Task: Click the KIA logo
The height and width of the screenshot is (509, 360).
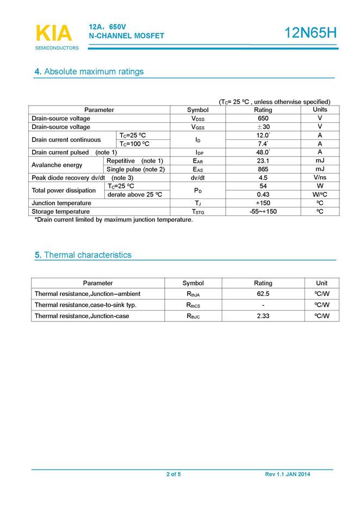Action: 53,33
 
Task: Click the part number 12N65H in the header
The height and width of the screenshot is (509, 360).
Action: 311,33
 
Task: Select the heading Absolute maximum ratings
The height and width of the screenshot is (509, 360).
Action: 89,72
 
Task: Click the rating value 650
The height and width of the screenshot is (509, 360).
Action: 263,119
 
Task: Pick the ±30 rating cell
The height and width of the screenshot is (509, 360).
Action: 263,127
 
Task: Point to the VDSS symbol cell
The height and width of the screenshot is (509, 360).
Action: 198,119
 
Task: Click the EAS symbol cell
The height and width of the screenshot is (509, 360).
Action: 198,169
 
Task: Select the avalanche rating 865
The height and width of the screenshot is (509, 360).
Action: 263,169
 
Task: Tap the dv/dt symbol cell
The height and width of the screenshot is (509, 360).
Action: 198,178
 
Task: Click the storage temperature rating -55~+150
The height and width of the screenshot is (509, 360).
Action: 263,212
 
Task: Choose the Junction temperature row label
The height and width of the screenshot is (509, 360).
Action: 61,203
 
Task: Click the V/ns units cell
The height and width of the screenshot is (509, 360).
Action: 320,178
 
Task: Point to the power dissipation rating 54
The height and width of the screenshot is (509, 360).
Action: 263,186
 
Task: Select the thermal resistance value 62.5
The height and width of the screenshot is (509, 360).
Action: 263,294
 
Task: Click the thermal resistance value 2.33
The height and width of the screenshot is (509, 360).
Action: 263,316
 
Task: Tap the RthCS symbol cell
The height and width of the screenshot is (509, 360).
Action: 193,305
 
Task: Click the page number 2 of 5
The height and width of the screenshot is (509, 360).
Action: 173,475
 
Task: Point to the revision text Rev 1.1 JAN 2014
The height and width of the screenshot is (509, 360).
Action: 288,475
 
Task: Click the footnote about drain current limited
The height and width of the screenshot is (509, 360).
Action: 114,220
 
